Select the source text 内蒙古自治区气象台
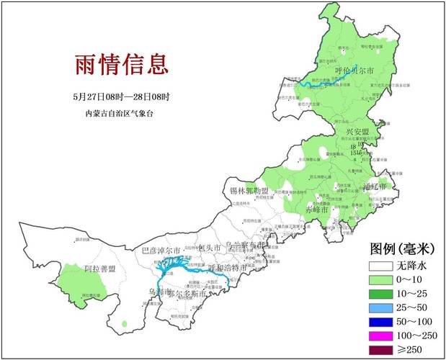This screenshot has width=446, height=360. coord(120,114)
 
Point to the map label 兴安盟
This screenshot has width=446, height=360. coord(357,132)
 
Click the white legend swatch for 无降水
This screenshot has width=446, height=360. coord(382,265)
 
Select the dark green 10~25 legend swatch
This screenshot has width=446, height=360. coord(382,295)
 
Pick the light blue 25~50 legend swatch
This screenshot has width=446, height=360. coord(382,310)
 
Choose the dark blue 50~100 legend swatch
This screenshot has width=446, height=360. coord(382,323)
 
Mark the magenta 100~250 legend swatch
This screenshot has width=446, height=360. coord(382,337)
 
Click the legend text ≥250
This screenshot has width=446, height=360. coord(414,351)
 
